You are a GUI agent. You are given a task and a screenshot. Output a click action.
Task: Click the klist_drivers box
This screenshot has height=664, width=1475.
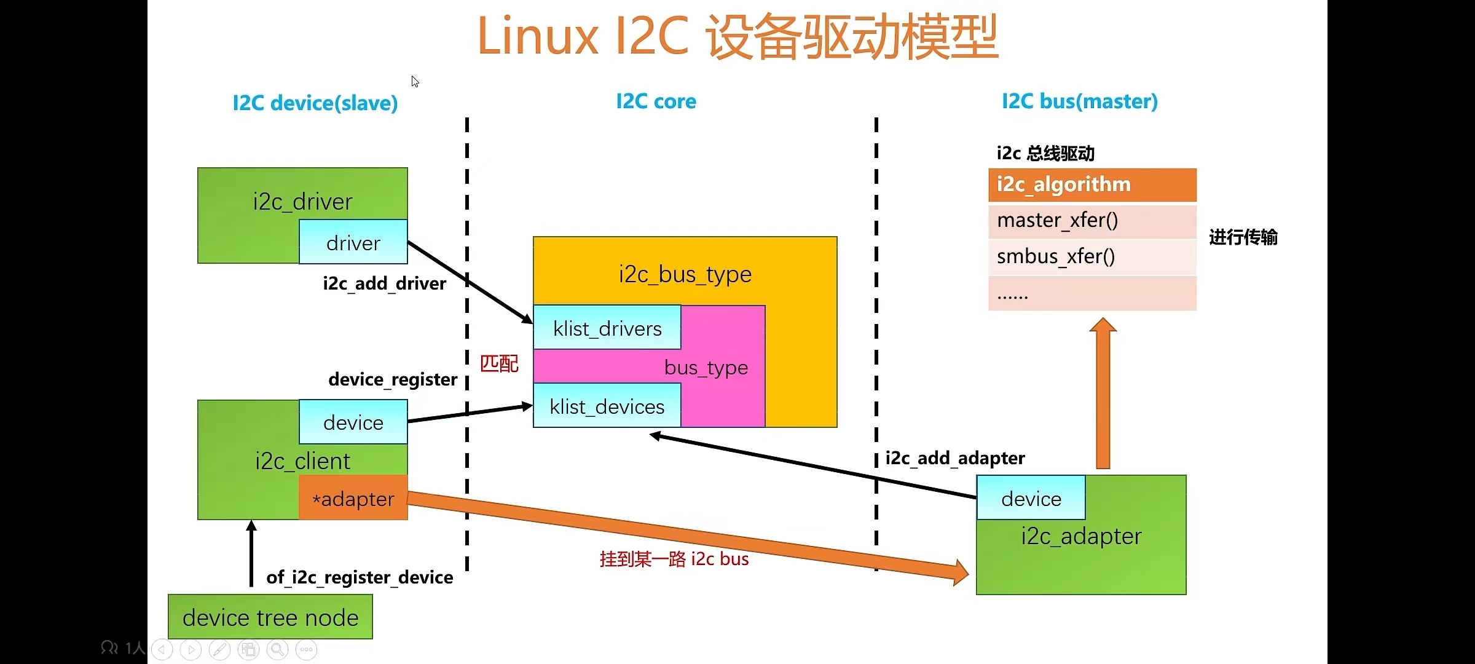click(607, 328)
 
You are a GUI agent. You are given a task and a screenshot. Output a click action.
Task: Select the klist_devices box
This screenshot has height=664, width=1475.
click(607, 406)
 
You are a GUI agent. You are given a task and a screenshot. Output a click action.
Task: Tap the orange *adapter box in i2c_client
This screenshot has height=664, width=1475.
click(353, 498)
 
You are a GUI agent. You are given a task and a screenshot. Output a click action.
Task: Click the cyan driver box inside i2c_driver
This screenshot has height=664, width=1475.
click(353, 243)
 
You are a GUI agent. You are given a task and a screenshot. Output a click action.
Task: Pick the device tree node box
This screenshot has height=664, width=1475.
click(270, 617)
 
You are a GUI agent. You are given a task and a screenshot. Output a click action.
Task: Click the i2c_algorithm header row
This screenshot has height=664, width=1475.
click(1092, 184)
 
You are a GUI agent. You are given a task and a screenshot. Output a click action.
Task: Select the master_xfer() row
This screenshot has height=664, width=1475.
click(1092, 220)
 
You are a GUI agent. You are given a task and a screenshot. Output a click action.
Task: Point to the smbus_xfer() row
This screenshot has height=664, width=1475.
click(1092, 256)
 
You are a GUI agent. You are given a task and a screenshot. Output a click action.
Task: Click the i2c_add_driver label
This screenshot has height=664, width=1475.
click(384, 283)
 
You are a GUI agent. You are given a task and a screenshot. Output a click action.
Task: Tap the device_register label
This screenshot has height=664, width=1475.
click(393, 379)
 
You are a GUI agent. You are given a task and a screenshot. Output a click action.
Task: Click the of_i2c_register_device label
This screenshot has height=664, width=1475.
click(360, 577)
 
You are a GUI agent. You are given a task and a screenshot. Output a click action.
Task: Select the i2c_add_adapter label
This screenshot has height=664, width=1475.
click(955, 458)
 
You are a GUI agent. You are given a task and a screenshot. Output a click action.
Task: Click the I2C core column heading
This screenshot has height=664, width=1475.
click(656, 101)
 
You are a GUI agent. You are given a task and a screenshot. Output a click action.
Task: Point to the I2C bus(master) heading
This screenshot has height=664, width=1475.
click(1080, 101)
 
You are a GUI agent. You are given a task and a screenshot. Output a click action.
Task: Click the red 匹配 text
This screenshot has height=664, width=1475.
click(499, 363)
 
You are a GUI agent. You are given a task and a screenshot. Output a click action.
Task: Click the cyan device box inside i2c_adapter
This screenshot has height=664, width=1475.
click(1031, 498)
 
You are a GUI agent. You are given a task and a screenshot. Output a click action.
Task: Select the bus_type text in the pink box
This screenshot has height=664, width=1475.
click(706, 368)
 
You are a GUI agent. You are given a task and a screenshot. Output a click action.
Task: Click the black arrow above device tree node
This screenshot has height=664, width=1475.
click(251, 553)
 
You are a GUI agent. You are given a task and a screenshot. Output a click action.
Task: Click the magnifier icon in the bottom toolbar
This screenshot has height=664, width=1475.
click(277, 649)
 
